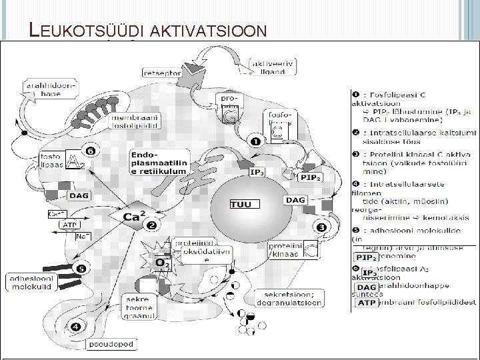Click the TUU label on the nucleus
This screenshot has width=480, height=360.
point(240,204)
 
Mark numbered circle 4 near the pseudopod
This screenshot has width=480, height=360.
point(75,327)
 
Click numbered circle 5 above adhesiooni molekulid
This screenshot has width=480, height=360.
point(81,269)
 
